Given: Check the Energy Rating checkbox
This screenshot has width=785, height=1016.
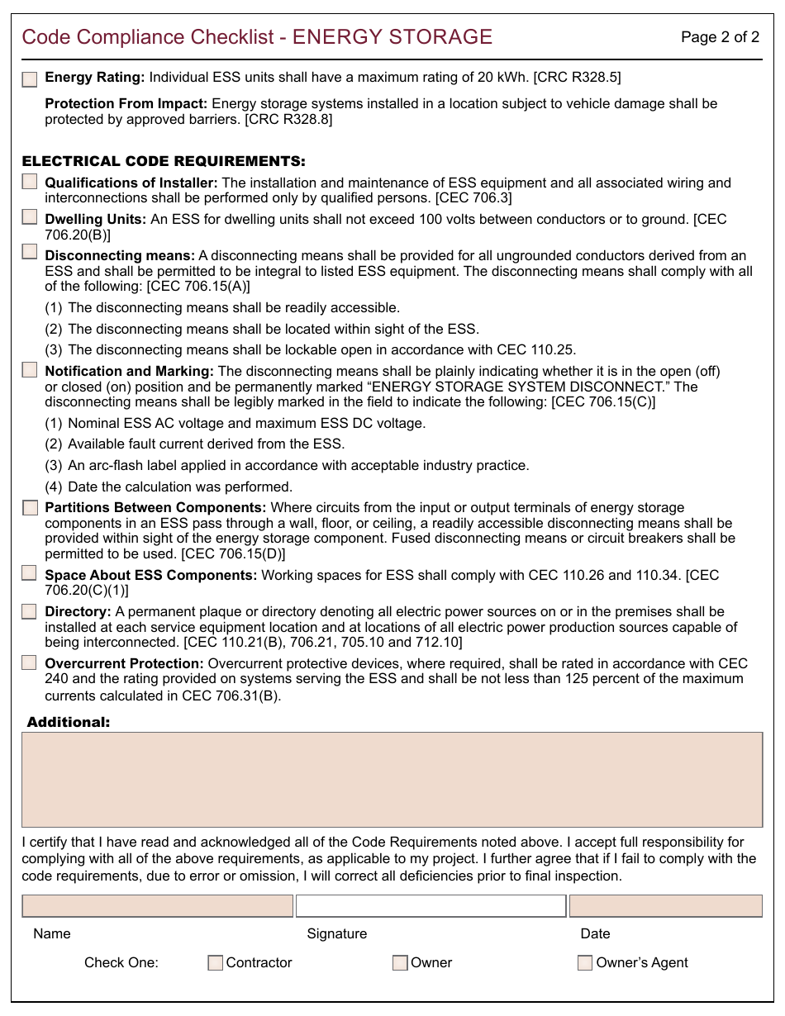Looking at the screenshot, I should point(30,79).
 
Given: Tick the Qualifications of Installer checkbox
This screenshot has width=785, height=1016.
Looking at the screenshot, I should point(30,182).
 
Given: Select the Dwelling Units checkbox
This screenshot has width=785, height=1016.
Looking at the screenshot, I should point(30,217).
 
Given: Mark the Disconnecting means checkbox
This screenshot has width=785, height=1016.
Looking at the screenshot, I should point(30,252).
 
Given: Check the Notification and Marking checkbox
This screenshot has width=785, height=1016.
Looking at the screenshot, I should point(30,369).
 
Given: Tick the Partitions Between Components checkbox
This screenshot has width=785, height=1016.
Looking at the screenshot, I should point(30,508).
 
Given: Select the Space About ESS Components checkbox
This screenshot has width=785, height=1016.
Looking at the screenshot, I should point(30,572).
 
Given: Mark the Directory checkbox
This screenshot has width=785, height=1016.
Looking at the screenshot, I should point(30,611).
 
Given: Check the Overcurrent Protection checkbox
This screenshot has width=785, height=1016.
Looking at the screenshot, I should point(30,662).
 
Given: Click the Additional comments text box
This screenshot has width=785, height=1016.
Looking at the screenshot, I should point(392,779).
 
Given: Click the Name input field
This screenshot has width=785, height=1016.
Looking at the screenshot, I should point(157,906).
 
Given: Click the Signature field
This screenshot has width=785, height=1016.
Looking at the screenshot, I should point(431,906).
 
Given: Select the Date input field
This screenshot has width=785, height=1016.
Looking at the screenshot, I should point(665,906).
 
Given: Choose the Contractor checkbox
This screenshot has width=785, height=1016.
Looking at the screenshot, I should point(216,962).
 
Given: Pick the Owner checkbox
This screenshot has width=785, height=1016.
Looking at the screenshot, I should point(400,962).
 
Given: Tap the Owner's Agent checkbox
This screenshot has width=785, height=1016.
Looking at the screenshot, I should point(585,962).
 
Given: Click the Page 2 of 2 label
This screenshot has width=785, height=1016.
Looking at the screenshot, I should point(720,37).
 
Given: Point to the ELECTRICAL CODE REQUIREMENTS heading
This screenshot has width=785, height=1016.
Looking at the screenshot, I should point(164,161).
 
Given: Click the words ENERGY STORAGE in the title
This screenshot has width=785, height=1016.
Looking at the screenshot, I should point(392,37).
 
